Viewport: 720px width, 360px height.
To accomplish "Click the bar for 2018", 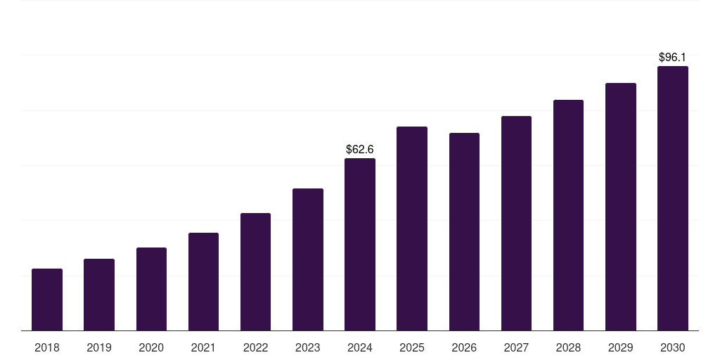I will pyautogui.click(x=47, y=300).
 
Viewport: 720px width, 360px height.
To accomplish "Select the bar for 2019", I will pyautogui.click(x=99, y=295).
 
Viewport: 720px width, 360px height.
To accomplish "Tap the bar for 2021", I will pyautogui.click(x=203, y=281).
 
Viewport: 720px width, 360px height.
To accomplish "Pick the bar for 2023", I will pyautogui.click(x=308, y=259).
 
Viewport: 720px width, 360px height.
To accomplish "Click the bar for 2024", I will pyautogui.click(x=360, y=244).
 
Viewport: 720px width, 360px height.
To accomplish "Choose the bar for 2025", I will pyautogui.click(x=412, y=229).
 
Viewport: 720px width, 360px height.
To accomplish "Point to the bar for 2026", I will pyautogui.click(x=464, y=231).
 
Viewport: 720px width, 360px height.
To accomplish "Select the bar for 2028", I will pyautogui.click(x=568, y=215).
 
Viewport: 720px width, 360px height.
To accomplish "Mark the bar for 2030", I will pyautogui.click(x=673, y=198).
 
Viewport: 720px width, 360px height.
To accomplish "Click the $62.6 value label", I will pyautogui.click(x=360, y=149).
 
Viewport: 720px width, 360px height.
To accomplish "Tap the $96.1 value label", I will pyautogui.click(x=673, y=57).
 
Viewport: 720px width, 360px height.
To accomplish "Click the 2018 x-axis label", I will pyautogui.click(x=47, y=347).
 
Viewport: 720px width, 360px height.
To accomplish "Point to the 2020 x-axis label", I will pyautogui.click(x=151, y=347).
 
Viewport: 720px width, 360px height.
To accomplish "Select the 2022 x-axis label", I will pyautogui.click(x=255, y=347).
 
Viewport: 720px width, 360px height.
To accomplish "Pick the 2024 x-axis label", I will pyautogui.click(x=360, y=347).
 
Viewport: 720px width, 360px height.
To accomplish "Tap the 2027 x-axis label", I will pyautogui.click(x=516, y=347).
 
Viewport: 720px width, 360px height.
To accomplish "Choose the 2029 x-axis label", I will pyautogui.click(x=620, y=347).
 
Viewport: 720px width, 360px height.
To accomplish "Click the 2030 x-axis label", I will pyautogui.click(x=673, y=347).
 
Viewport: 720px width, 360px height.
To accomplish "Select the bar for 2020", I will pyautogui.click(x=151, y=289).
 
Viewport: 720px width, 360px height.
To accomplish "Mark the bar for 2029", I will pyautogui.click(x=620, y=207).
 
